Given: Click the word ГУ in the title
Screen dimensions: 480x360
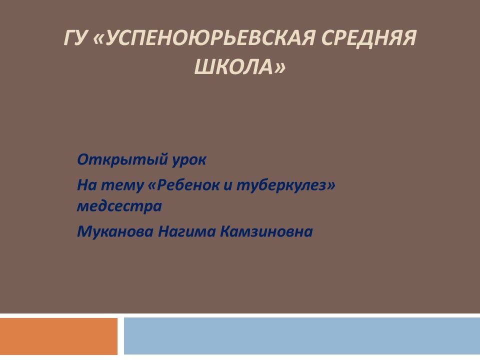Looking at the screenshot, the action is (74, 38).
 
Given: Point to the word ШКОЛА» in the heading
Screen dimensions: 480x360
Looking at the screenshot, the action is (240, 66).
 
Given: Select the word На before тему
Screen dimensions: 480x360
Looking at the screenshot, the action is (87, 185).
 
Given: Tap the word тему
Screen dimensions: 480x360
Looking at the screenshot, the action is (122, 186).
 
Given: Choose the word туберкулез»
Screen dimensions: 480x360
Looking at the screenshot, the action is (286, 185).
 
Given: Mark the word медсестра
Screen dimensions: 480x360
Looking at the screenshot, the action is (119, 206).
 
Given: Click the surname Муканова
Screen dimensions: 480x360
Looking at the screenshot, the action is (115, 231).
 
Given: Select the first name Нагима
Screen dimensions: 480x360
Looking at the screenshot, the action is (186, 231).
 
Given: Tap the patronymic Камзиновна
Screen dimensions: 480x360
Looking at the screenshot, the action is (266, 231).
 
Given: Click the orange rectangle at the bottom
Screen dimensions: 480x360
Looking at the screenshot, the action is (59, 336).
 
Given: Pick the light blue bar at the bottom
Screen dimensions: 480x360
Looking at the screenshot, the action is (302, 336).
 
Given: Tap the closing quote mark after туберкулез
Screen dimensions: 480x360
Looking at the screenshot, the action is (331, 185).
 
